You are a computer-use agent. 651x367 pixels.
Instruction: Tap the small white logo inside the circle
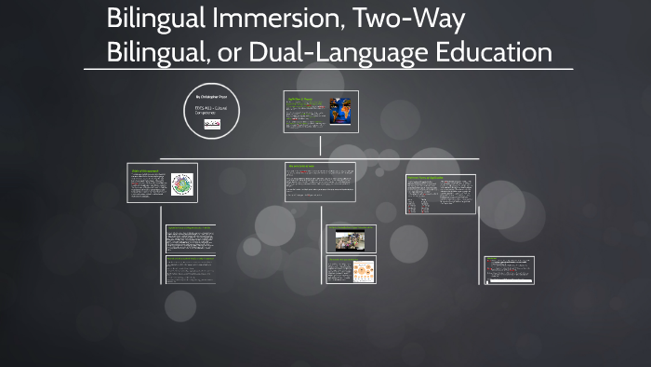pos(211,122)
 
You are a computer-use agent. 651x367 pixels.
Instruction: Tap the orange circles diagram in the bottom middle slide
pos(360,271)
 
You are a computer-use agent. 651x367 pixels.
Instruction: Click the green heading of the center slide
pos(303,167)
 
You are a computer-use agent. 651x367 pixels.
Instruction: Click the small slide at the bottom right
pos(509,270)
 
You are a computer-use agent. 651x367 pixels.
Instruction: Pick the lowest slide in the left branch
pos(191,271)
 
